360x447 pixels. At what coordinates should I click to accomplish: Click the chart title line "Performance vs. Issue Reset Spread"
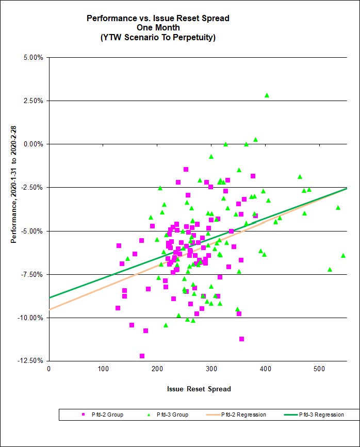tap(158, 18)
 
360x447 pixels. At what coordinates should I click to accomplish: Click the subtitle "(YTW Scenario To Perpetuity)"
tap(158, 37)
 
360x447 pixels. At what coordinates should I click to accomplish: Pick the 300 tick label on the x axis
tap(157, 369)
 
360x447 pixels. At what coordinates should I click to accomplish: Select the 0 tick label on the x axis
tap(48, 369)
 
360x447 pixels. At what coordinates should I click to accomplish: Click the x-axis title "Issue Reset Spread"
tap(199, 389)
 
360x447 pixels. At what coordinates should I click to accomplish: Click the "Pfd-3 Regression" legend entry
tap(315, 415)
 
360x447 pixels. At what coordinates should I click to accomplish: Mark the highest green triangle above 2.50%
tap(267, 95)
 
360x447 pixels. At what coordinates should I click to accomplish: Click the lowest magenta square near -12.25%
tap(142, 356)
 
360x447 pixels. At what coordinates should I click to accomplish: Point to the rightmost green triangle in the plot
tap(343, 255)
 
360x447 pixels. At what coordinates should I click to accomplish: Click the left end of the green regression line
tap(50, 298)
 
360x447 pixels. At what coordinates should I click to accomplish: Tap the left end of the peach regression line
tap(50, 309)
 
